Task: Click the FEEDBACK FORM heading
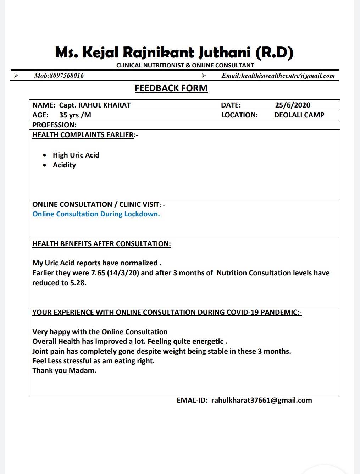pos(171,88)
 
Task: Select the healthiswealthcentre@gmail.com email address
pos(288,76)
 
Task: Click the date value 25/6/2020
pos(293,105)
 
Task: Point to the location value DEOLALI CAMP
pos(299,115)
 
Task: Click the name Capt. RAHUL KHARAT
pos(95,105)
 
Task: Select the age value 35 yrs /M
pos(75,115)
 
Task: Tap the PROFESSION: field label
pos(54,125)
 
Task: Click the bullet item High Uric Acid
pos(76,155)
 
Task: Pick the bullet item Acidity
pos(64,165)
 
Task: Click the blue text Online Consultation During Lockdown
pos(96,214)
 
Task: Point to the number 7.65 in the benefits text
pos(98,273)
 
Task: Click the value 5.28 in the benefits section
pos(78,283)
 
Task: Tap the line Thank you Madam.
pos(64,370)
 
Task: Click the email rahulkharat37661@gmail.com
pos(261,400)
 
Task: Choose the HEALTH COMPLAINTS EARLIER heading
pos(83,135)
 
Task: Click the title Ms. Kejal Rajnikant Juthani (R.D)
pos(174,53)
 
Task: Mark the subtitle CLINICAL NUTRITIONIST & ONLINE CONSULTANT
pos(185,65)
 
